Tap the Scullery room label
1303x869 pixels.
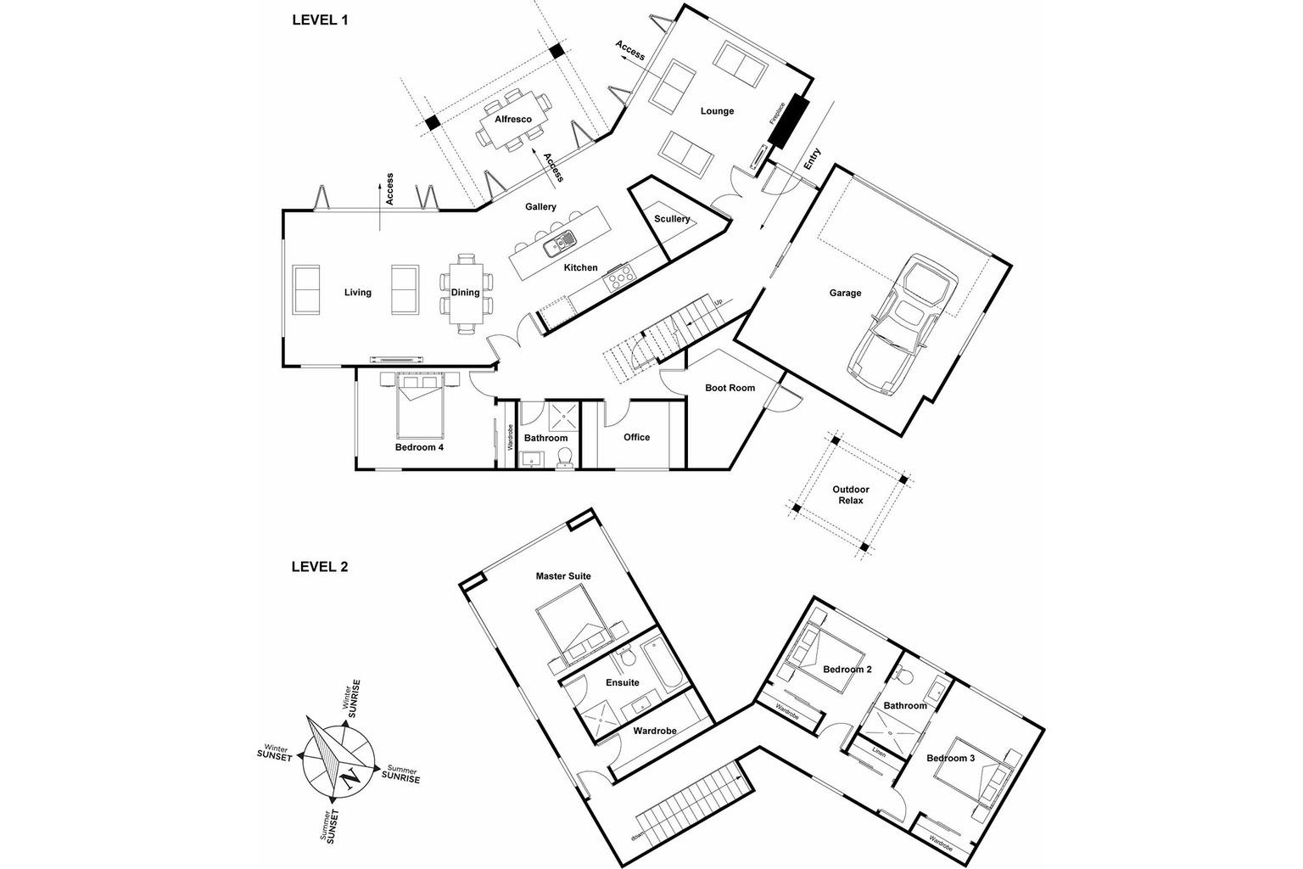pos(672,219)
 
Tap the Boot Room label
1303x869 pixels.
pos(730,388)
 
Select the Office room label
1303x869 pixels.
pos(636,437)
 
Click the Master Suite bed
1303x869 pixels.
pos(572,632)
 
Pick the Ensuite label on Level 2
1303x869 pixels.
pos(622,682)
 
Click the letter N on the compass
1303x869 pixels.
pos(348,776)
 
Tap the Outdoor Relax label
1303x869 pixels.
pos(851,495)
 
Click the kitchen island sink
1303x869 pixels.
pos(559,244)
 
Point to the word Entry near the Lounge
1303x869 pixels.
pos(812,160)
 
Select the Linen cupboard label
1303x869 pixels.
pos(879,753)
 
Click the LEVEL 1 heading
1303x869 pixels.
pos(320,20)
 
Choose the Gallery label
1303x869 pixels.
pos(540,207)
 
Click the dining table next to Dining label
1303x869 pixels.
pos(465,293)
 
